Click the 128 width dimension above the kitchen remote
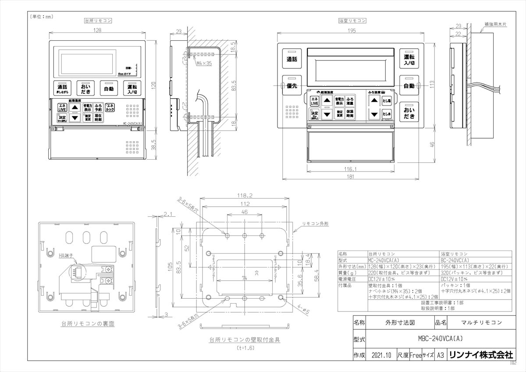click(x=97, y=30)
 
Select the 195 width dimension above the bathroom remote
click(x=350, y=30)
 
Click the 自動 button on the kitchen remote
click(x=109, y=89)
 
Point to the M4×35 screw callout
click(x=204, y=63)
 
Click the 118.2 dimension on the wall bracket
click(x=245, y=196)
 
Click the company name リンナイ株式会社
click(x=480, y=355)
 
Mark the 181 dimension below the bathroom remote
click(x=350, y=177)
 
